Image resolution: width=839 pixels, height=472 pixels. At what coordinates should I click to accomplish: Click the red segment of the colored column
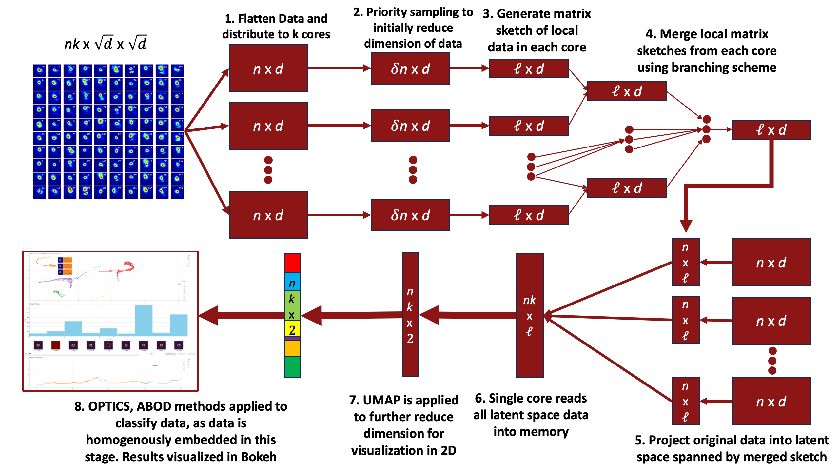[292, 263]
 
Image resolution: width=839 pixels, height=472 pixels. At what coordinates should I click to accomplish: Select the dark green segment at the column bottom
[292, 367]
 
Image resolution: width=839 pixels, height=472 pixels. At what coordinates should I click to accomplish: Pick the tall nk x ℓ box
[529, 315]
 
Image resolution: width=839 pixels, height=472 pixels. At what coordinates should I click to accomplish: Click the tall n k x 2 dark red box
[410, 315]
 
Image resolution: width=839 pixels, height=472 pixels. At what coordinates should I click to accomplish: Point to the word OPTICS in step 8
[110, 406]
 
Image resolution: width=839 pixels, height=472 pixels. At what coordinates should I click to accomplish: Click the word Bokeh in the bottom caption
[259, 457]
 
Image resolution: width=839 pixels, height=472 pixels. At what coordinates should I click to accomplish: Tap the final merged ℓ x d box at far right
[771, 130]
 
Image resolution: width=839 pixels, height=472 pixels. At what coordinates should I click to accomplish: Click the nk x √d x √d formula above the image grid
[106, 43]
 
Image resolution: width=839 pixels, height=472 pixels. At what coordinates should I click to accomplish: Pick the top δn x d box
[410, 69]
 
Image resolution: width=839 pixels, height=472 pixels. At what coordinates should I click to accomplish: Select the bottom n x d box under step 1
[268, 215]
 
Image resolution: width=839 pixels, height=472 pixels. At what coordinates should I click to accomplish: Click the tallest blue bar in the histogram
[144, 320]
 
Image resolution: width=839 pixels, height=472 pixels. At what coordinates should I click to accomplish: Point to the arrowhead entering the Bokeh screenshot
[209, 315]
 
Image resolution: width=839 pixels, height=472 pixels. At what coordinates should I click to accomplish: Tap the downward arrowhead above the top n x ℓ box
[686, 226]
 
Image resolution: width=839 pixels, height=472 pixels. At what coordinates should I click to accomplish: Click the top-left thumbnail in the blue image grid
[39, 70]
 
